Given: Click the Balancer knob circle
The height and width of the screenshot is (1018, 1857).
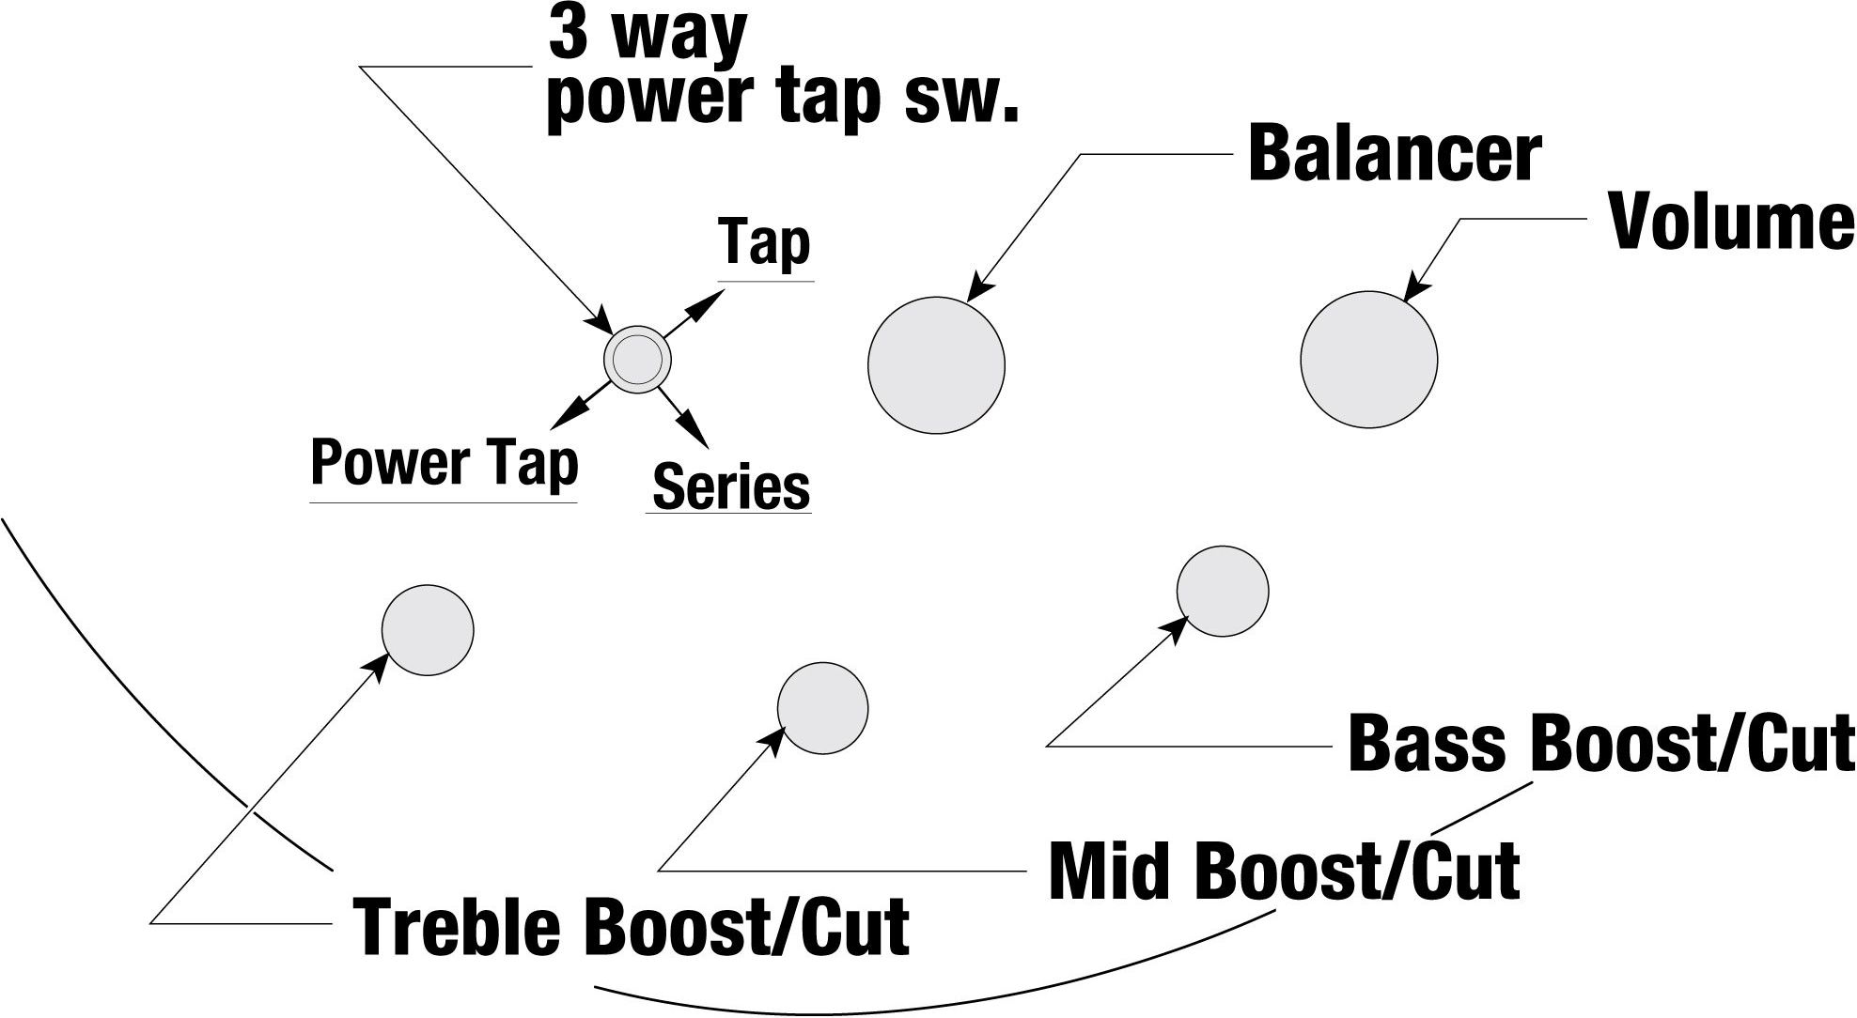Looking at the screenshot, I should (x=936, y=365).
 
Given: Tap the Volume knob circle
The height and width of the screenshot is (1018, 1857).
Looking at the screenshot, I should (x=1369, y=359).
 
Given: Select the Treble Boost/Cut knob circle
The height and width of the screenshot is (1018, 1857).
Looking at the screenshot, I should (x=428, y=629).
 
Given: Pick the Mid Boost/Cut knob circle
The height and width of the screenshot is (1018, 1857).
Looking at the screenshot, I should (x=822, y=708).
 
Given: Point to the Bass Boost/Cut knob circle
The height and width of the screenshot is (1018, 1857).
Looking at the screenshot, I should (x=1223, y=592).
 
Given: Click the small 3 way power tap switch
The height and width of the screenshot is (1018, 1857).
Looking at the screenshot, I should (x=637, y=359).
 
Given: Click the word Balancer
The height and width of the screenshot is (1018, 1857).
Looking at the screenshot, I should (x=1395, y=155).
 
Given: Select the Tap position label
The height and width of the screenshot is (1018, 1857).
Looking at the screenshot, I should (x=764, y=242).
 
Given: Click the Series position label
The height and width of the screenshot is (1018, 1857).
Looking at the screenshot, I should (x=731, y=486).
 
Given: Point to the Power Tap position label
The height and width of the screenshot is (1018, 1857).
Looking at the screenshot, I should (x=444, y=463).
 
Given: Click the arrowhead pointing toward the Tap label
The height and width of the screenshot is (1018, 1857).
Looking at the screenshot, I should (x=711, y=301).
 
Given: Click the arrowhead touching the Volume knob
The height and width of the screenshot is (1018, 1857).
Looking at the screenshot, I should (x=1415, y=286).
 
